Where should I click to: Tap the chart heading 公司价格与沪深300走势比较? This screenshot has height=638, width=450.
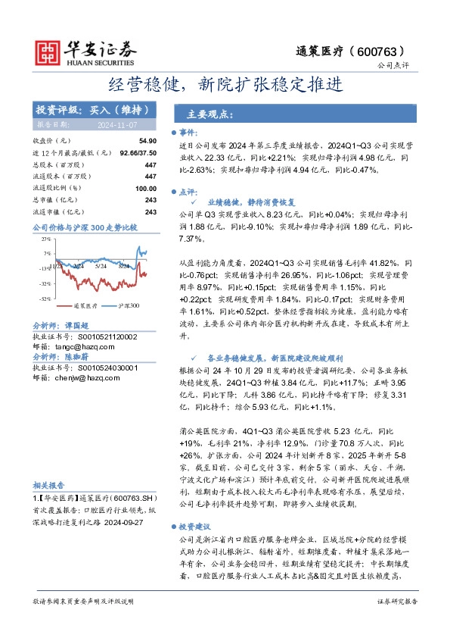(85, 227)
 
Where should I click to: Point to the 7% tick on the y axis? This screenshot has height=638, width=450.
(47, 253)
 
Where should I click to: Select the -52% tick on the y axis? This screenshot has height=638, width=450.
(45, 299)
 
